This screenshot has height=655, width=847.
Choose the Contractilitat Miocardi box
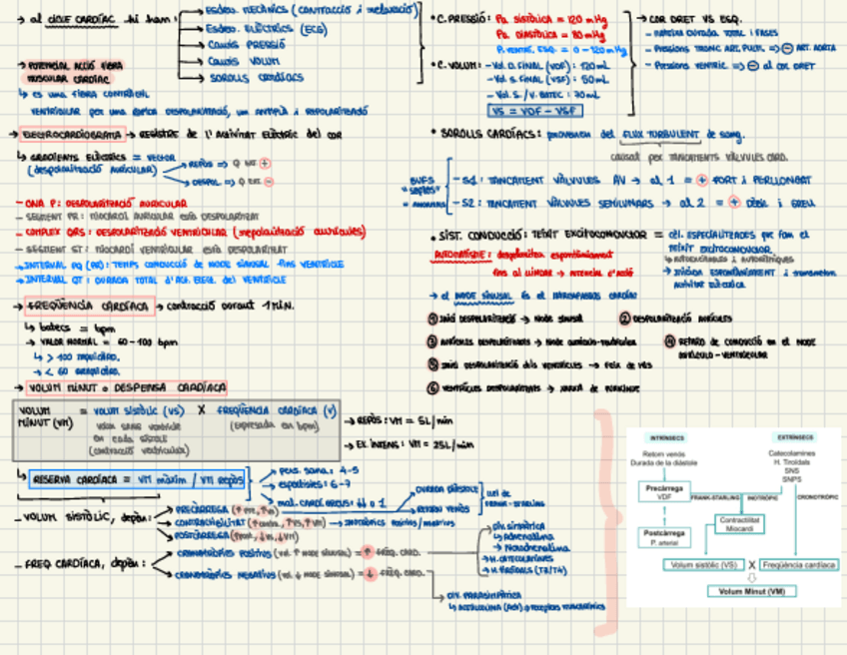click(x=740, y=522)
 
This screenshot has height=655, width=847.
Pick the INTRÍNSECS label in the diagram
click(x=665, y=436)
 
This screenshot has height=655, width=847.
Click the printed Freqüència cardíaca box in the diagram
click(x=797, y=565)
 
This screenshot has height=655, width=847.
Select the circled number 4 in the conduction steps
click(x=669, y=340)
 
